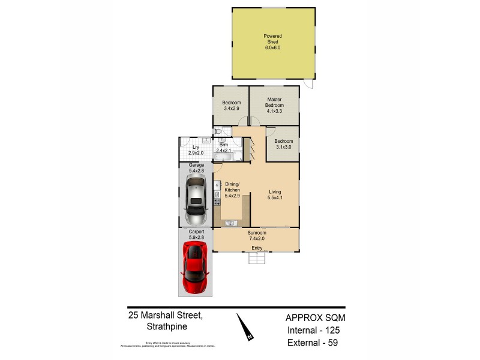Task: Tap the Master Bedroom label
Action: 274,103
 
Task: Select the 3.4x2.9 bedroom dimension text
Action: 231,109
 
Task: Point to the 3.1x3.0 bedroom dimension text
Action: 283,147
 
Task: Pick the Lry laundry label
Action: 196,147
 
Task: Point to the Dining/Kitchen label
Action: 232,186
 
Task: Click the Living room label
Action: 275,193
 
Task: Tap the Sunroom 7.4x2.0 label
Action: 256,235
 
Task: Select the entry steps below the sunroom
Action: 257,258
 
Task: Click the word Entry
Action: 257,248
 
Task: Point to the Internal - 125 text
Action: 316,330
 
